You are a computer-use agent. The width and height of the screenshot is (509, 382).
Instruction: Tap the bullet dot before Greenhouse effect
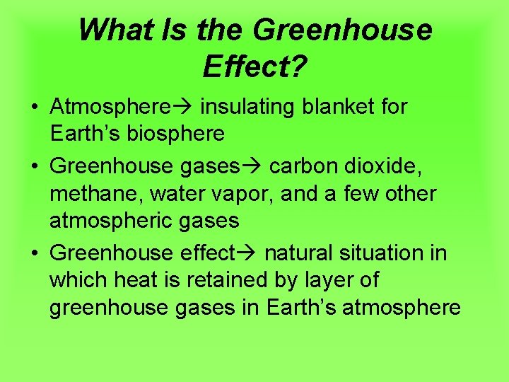coord(34,253)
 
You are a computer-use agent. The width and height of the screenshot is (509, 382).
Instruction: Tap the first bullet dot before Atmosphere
coord(34,108)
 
